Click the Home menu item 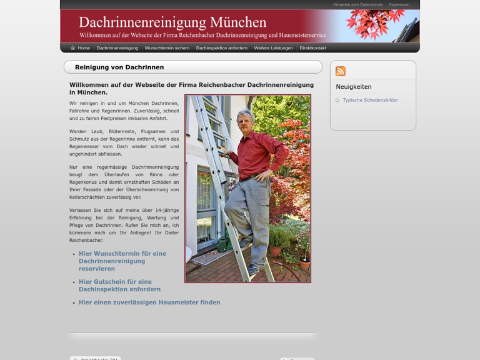tap(84, 48)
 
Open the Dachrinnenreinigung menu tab tap(117, 48)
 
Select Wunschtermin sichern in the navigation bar tap(167, 48)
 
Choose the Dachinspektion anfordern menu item tap(221, 48)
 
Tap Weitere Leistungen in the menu tap(273, 48)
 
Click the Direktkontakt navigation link tap(312, 48)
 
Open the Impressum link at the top tap(399, 4)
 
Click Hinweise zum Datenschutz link tap(358, 4)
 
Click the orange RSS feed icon tap(341, 71)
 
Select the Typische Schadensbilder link tap(370, 100)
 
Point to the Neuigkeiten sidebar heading tap(354, 87)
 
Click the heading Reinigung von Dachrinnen tap(119, 67)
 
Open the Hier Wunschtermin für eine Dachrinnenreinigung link tap(122, 261)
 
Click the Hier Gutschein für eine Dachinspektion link tap(119, 286)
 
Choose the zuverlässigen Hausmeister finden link tap(149, 302)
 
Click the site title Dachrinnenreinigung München tap(172, 22)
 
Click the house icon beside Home tap(73, 48)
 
